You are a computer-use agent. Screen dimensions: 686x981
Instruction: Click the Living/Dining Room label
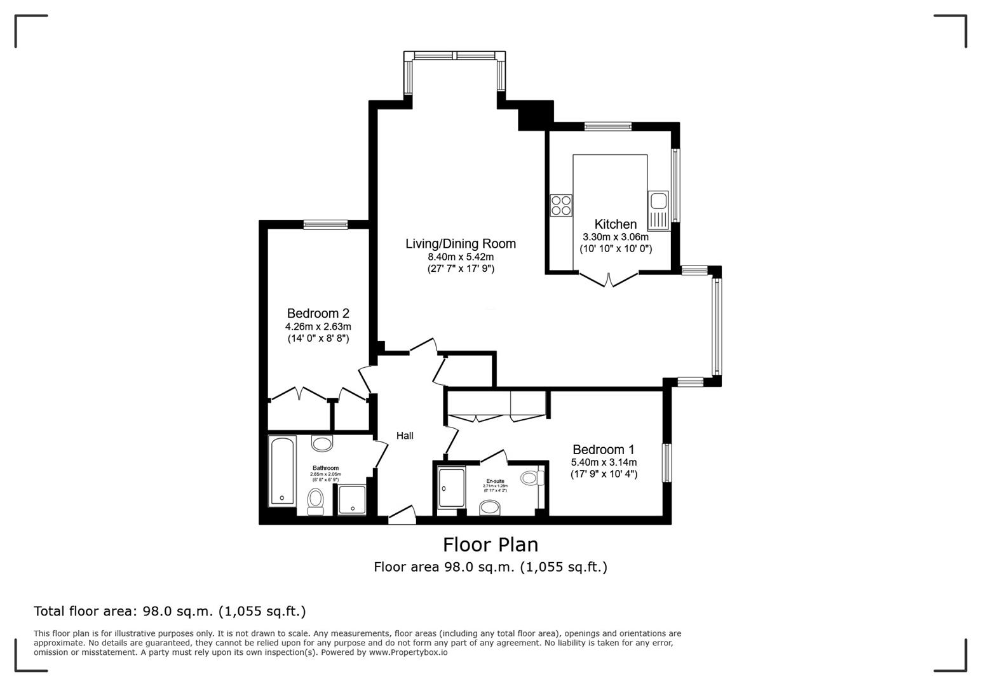coord(461,243)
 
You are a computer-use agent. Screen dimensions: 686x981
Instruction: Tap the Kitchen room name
coord(615,224)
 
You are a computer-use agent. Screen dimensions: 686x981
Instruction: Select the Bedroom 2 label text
coord(318,313)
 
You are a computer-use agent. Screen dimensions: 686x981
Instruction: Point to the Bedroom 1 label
coord(603,449)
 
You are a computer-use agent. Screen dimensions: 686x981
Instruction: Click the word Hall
coord(405,436)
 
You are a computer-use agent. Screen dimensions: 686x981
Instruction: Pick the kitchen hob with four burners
coord(561,205)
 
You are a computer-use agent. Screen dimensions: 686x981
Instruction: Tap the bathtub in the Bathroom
coord(281,471)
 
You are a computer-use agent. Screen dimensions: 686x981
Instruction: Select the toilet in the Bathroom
coord(316,501)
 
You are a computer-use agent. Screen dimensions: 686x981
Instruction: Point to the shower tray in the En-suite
coord(451,487)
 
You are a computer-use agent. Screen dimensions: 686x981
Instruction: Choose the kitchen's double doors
coord(609,279)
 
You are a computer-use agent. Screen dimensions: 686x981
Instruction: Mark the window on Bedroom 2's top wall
coord(325,224)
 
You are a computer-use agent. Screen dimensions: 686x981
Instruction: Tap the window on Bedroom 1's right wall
coord(666,462)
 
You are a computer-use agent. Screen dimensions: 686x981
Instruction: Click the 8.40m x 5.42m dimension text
coord(461,257)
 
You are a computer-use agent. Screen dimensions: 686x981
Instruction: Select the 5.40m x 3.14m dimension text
coord(603,462)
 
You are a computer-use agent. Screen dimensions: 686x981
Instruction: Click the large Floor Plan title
coord(490,545)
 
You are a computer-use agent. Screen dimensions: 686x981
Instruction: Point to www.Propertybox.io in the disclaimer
coord(408,652)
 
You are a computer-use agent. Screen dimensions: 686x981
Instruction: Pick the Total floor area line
coord(170,611)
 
